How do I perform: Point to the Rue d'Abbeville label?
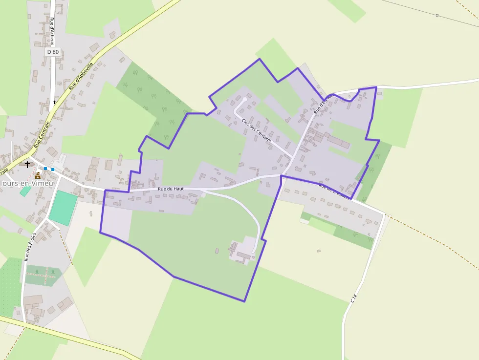tap(81, 75)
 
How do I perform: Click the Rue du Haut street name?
tap(171, 189)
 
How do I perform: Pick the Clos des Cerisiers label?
tap(256, 130)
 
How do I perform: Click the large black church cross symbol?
tap(27, 165)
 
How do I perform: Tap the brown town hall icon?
tap(38, 175)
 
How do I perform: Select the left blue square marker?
tap(45, 169)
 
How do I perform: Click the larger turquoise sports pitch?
tap(63, 208)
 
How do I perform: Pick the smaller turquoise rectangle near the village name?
tap(25, 191)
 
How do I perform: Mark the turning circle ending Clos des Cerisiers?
tap(245, 100)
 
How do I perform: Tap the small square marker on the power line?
tap(437, 16)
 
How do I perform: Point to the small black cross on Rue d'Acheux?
tap(54, 103)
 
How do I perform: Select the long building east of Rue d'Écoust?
tap(339, 142)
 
